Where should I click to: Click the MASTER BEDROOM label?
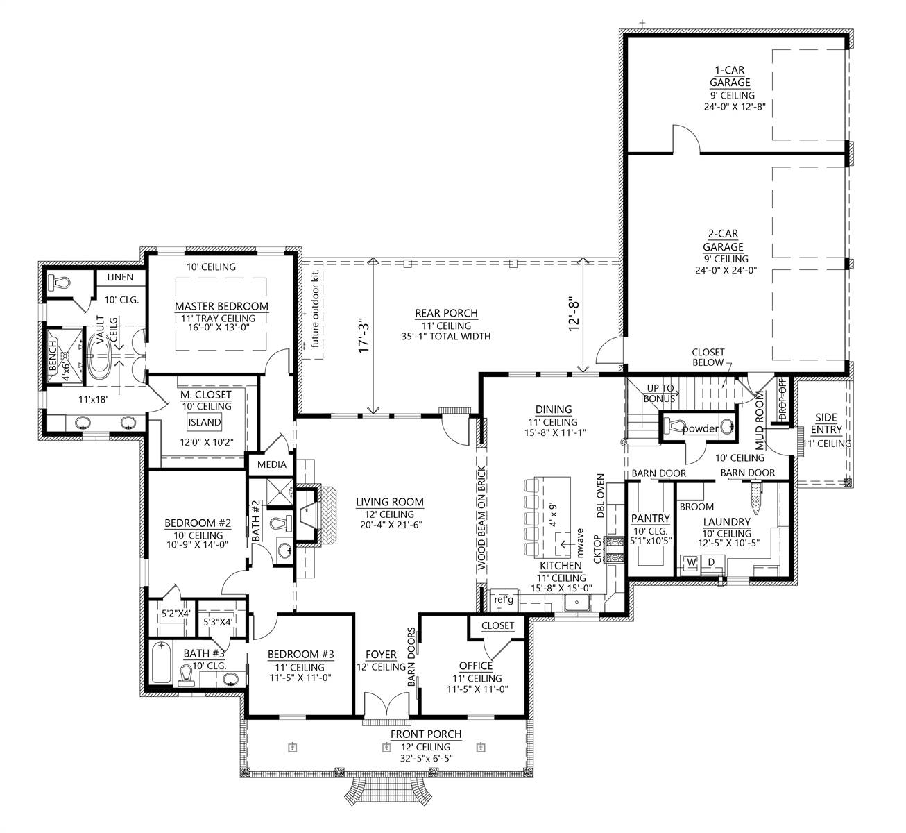click(221, 306)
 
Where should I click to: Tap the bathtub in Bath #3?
click(161, 662)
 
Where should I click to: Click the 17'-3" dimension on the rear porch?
click(364, 337)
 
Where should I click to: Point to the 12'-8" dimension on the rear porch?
click(574, 314)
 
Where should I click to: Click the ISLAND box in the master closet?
click(205, 422)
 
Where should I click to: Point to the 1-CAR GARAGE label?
click(730, 76)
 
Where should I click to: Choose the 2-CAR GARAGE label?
click(723, 240)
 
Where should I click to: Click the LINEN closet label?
click(120, 277)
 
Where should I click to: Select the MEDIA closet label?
click(272, 464)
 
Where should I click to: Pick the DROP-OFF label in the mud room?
click(783, 398)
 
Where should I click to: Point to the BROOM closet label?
click(696, 507)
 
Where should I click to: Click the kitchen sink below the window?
click(576, 603)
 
